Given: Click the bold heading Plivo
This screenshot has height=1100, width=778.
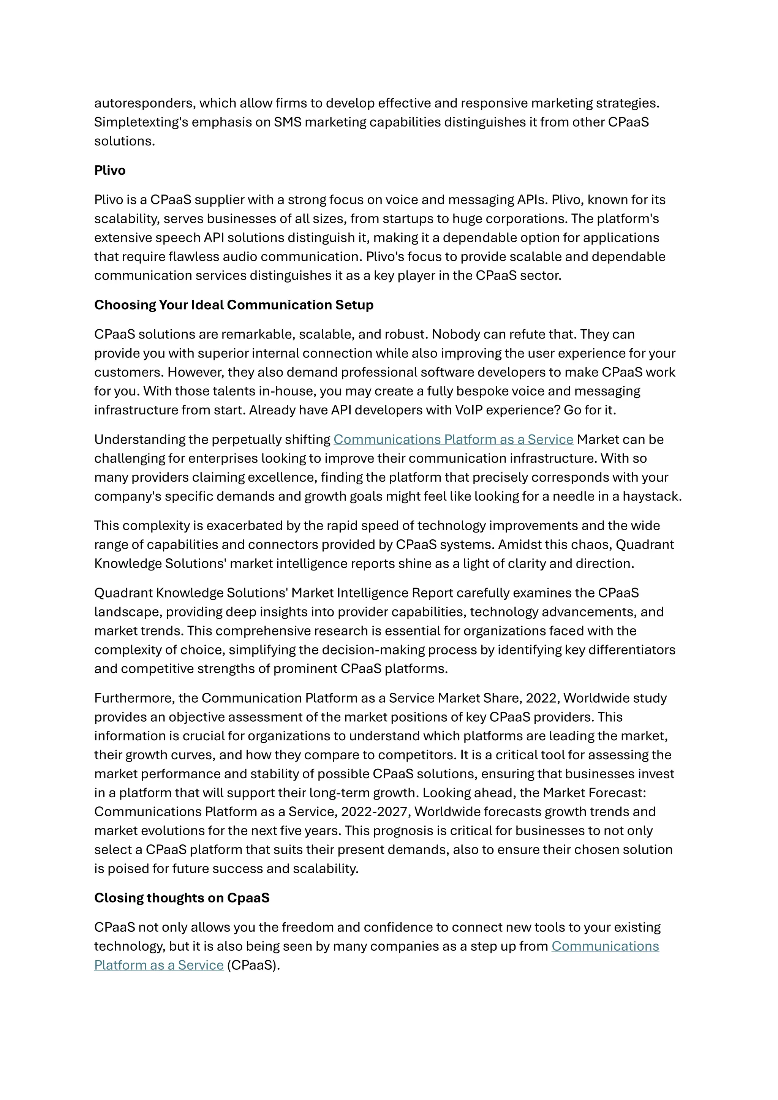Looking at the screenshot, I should point(110,171).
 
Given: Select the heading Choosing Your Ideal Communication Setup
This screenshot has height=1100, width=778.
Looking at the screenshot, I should point(233,305).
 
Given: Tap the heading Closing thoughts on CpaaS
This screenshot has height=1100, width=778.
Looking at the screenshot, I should point(182,898).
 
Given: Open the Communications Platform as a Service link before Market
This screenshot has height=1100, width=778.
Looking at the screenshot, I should point(453,440).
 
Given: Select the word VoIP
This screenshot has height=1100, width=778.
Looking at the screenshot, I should point(469,411).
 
